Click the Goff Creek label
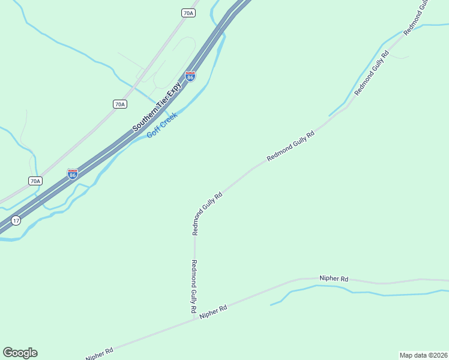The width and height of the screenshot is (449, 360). click(162, 125)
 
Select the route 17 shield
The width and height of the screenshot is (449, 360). click(16, 220)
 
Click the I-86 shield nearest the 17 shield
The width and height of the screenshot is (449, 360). click(73, 174)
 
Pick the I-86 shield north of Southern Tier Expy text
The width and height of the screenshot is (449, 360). click(190, 77)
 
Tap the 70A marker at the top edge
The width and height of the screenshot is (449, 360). click(188, 13)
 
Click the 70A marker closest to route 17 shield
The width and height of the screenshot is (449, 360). click(35, 181)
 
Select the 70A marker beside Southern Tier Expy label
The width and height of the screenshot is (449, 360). click(119, 104)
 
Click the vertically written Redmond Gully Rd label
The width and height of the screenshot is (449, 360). click(194, 286)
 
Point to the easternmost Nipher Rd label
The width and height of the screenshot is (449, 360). click(334, 278)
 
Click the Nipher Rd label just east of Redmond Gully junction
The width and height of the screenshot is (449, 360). click(214, 311)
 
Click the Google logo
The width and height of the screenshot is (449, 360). click(20, 353)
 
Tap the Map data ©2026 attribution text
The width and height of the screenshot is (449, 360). click(423, 355)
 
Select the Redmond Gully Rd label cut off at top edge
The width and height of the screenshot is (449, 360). click(417, 16)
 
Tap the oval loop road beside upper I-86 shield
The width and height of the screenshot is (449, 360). click(175, 61)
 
